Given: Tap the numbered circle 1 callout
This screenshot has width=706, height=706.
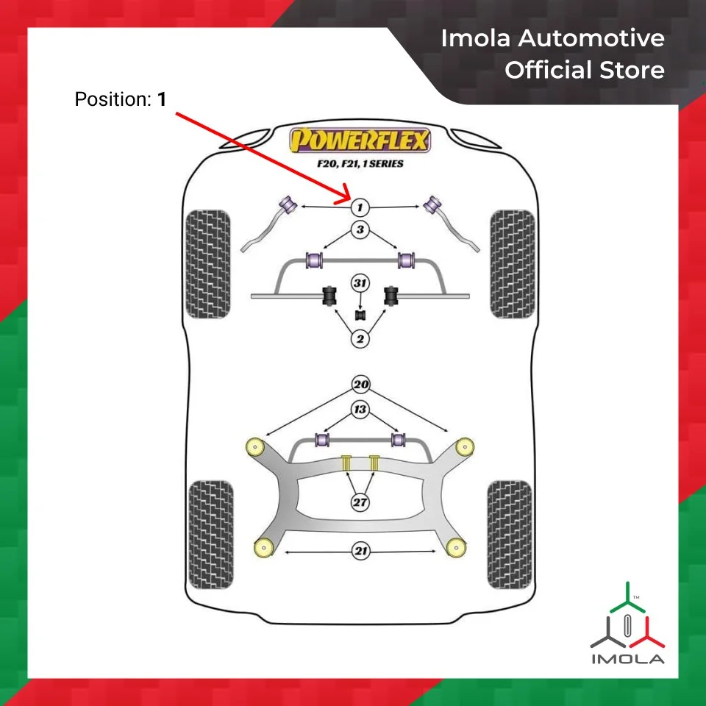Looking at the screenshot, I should [x=360, y=207].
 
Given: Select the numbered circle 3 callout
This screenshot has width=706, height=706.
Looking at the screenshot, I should [x=360, y=230].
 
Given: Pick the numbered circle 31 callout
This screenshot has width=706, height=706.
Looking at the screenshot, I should [x=360, y=283].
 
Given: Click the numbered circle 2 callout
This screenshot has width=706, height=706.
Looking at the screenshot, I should [x=360, y=339].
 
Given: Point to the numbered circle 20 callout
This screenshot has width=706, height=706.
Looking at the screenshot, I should [x=360, y=385].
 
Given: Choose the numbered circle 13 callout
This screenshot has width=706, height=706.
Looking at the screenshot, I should [x=360, y=410].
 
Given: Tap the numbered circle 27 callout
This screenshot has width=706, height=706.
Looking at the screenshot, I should [x=360, y=503].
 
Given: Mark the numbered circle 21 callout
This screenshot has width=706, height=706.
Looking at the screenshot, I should [x=360, y=552].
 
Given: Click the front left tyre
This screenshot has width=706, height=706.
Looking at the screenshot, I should [x=209, y=264].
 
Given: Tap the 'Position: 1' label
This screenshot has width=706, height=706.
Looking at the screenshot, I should [x=120, y=99].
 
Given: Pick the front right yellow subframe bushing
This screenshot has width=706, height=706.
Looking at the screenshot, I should [x=464, y=446].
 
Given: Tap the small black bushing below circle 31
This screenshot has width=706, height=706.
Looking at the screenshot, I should [x=360, y=315].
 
